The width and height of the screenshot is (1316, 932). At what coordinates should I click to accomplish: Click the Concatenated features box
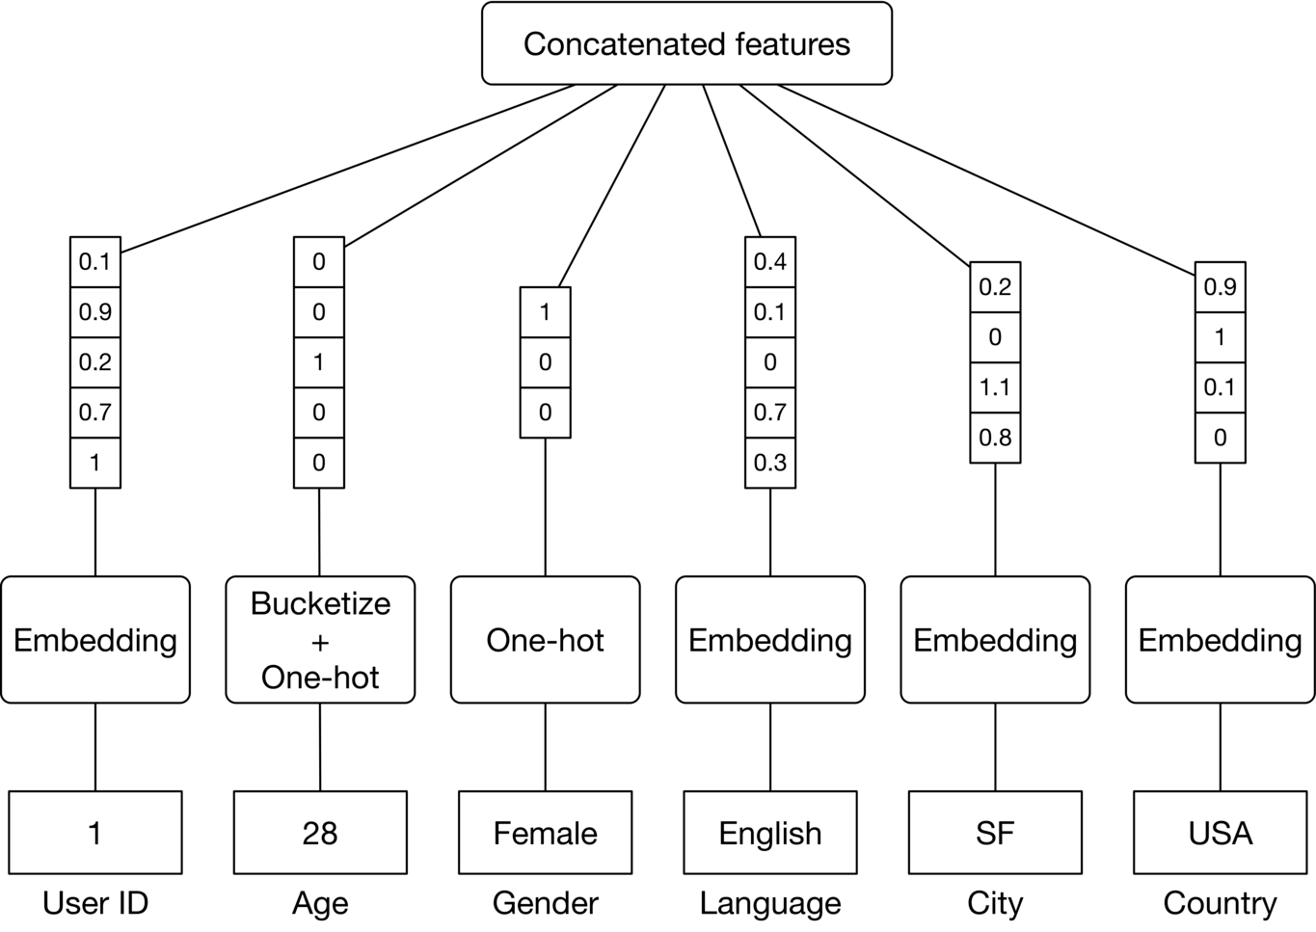(686, 43)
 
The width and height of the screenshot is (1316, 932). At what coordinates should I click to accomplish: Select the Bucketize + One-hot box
(320, 640)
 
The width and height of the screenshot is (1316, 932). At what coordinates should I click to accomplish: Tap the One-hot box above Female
(546, 640)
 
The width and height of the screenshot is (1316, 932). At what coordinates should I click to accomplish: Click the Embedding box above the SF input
(995, 640)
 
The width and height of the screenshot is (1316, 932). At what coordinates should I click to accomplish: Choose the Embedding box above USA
(1221, 640)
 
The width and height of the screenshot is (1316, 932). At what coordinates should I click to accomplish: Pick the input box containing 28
(320, 833)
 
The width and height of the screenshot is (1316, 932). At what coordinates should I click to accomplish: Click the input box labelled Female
(546, 833)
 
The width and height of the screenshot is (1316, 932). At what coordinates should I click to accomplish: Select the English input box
(770, 833)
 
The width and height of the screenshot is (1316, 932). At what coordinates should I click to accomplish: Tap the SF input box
(995, 833)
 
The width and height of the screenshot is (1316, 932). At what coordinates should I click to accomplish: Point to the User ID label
(95, 903)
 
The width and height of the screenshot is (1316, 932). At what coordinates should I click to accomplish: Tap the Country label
(1221, 904)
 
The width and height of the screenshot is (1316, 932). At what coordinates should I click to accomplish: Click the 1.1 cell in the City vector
(995, 387)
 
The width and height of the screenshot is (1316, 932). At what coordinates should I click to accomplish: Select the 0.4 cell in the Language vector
(770, 262)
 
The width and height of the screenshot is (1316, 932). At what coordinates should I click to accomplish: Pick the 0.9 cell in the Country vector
(1221, 287)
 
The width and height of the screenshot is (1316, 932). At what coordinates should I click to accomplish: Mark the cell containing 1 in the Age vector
(319, 362)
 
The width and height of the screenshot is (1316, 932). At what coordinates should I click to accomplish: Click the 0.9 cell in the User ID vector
(95, 312)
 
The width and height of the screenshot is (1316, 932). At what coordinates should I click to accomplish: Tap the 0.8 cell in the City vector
(995, 439)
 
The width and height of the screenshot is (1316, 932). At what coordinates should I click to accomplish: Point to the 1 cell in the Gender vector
(546, 312)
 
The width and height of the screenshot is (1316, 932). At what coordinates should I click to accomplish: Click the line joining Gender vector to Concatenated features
(611, 186)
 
